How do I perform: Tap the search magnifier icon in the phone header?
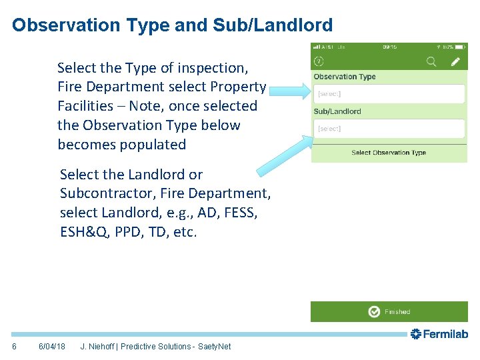(x=431, y=61)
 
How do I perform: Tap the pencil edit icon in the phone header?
(x=456, y=61)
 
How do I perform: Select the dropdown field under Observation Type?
(x=389, y=94)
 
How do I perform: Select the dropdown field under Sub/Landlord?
(x=389, y=128)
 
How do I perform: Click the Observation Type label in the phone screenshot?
(x=345, y=77)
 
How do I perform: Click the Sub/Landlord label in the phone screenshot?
(x=337, y=111)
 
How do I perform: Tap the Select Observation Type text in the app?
(x=389, y=153)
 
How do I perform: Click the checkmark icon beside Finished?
(x=374, y=311)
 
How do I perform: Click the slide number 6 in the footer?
(x=14, y=347)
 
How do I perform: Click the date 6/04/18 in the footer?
(x=52, y=347)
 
